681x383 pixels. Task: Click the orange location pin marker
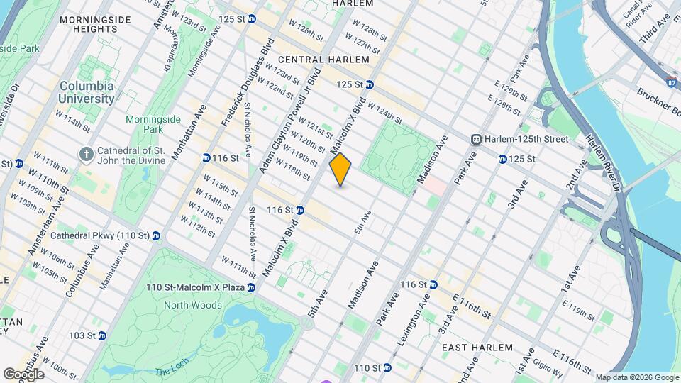(340, 169)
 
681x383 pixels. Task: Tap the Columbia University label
(87, 92)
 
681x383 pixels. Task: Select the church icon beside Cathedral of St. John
(86, 154)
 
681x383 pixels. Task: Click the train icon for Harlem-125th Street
(477, 139)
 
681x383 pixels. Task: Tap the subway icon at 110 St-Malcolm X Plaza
(251, 287)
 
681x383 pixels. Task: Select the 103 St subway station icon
(101, 335)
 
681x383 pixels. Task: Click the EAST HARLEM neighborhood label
(477, 348)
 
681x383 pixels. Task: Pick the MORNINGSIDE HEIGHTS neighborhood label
(89, 24)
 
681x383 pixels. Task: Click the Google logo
(23, 374)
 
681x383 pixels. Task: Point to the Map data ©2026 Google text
(637, 377)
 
